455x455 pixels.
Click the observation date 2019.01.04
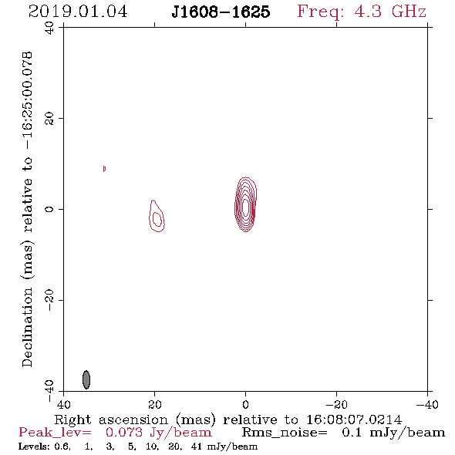click(78, 12)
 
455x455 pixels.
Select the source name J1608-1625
click(221, 12)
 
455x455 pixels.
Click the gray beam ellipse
click(86, 379)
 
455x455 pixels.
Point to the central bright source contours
click(245, 204)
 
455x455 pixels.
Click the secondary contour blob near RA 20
click(157, 216)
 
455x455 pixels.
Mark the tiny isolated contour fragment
click(104, 169)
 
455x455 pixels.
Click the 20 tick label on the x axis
click(155, 405)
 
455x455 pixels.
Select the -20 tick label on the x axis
click(336, 405)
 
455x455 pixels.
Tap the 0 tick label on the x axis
click(245, 405)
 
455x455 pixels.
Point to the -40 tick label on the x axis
click(427, 405)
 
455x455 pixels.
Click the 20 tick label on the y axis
click(49, 119)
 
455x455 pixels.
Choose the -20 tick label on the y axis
click(49, 300)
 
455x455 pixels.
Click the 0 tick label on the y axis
click(49, 209)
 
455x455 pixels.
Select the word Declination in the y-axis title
click(27, 327)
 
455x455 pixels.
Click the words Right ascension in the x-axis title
click(111, 420)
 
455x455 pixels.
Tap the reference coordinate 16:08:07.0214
click(354, 420)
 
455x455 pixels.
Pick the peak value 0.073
click(124, 433)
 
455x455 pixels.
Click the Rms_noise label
click(285, 433)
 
